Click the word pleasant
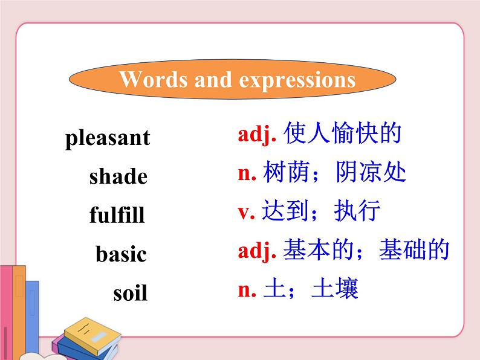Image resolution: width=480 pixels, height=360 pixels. pos(107,138)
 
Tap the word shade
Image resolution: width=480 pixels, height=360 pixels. pos(118,177)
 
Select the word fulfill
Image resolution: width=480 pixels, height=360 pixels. pos(117,215)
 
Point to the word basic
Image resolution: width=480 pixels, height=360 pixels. pos(121,254)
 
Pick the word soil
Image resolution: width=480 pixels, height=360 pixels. pos(130,294)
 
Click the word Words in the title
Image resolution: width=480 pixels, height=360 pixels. pos(154,80)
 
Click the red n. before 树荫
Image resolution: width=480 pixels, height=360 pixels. pos(248,174)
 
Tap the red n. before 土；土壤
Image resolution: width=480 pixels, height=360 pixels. pos(248,290)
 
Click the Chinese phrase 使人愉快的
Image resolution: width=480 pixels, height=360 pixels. pos(342,134)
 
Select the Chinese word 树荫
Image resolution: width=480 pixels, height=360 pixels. pos(287,173)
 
